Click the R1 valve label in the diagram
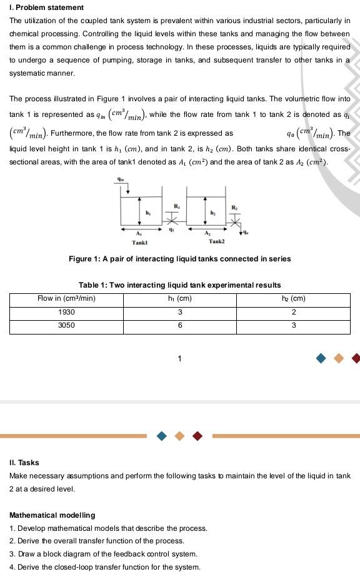176,206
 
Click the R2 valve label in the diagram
234,207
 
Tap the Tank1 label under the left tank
139,242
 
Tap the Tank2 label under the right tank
217,241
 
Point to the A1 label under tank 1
138,233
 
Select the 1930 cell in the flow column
66,312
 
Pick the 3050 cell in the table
66,325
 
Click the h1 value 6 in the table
180,325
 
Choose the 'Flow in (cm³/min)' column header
66,298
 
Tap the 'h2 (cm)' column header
294,298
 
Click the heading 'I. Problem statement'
46,8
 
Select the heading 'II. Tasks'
24,463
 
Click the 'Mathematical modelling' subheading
52,515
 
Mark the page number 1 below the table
180,358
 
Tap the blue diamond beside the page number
321,358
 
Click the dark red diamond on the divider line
197,436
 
